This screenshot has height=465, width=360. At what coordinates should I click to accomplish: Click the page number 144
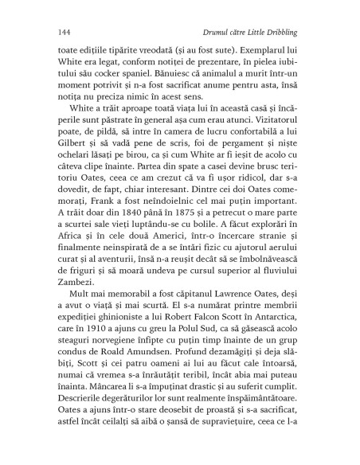66,31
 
